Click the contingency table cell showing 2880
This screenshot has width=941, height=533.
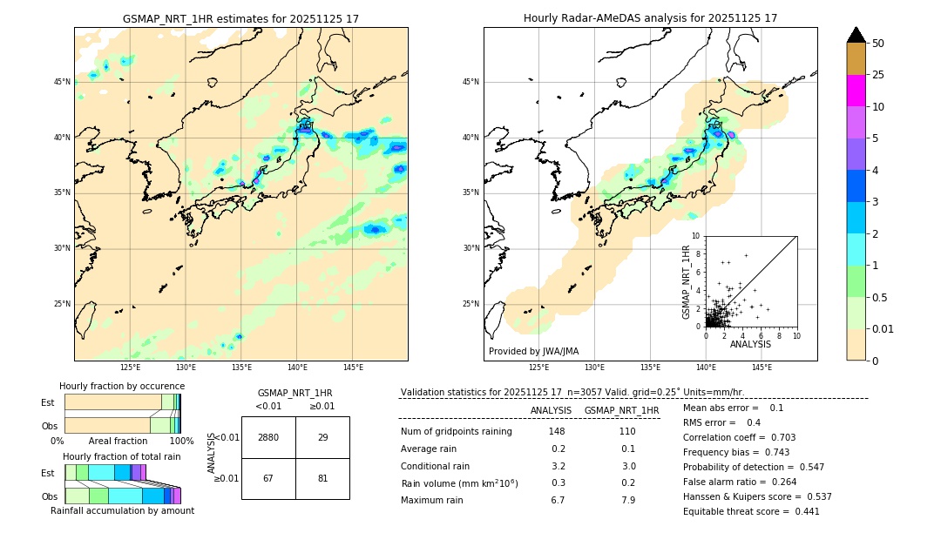coord(268,437)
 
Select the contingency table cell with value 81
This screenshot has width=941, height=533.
coord(322,478)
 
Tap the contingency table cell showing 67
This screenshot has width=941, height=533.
coord(268,478)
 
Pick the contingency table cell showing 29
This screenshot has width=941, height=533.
coord(322,437)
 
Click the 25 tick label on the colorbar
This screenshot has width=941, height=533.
coord(878,75)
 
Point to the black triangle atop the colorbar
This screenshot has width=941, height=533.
coord(856,35)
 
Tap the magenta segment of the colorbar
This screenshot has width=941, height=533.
coord(856,91)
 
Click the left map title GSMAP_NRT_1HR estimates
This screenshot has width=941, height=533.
coord(240,18)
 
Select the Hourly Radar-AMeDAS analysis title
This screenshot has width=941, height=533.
coord(650,18)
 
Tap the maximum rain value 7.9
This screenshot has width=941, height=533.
coord(627,500)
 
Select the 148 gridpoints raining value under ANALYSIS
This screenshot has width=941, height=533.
coord(557,432)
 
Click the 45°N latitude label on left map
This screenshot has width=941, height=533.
coord(62,82)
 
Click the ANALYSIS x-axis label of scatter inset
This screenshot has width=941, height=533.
coord(750,344)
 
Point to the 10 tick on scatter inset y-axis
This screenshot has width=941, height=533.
coord(696,235)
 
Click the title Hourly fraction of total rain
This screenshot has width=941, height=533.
coord(121,456)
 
